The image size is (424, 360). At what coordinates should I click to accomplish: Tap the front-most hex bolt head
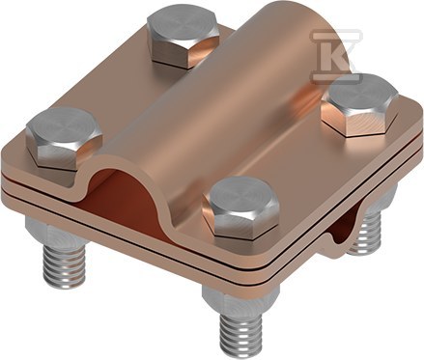coord(240,208)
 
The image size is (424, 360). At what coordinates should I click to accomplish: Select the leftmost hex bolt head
coord(64,139)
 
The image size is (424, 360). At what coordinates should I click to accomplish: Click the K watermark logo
coord(336,56)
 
